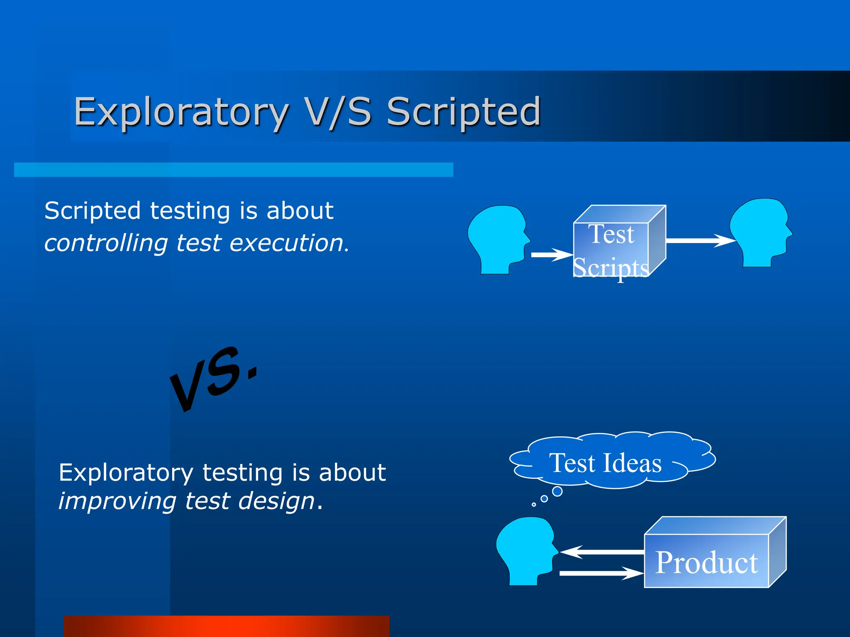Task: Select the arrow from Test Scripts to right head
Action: (x=699, y=241)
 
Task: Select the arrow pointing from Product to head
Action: (x=602, y=552)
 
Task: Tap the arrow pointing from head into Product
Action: (x=602, y=573)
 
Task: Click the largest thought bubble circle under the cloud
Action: (x=557, y=491)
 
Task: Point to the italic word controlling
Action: (x=106, y=243)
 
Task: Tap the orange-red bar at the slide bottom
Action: (x=227, y=626)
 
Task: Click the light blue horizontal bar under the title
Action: (x=233, y=170)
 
